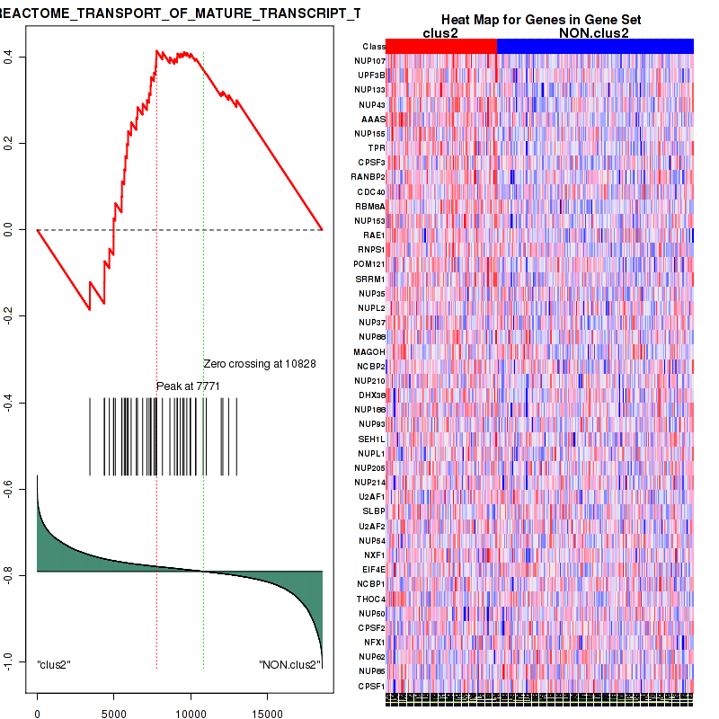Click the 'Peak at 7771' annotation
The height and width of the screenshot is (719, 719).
[x=189, y=386]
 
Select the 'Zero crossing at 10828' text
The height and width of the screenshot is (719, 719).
[x=260, y=364]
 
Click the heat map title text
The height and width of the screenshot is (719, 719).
[x=540, y=20]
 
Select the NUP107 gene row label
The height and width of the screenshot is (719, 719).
[x=369, y=60]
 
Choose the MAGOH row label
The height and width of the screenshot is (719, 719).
[x=369, y=351]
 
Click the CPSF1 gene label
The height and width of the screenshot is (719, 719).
[x=370, y=686]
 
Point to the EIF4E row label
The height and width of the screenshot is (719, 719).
[x=370, y=570]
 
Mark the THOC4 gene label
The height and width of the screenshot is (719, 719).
[x=370, y=599]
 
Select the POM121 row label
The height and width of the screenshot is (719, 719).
[x=369, y=264]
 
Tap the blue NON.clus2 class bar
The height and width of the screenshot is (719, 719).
[x=595, y=46]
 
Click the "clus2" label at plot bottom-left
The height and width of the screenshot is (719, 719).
[x=54, y=664]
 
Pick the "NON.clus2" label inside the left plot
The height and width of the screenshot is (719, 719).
[x=289, y=664]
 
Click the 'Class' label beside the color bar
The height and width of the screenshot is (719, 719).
[x=374, y=46]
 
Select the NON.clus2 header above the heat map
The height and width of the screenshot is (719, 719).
[x=594, y=33]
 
